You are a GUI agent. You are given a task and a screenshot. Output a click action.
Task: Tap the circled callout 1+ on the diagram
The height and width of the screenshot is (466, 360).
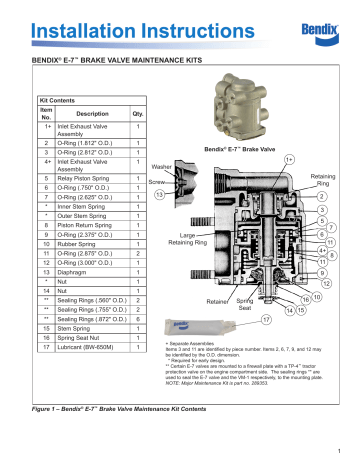[288, 158]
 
